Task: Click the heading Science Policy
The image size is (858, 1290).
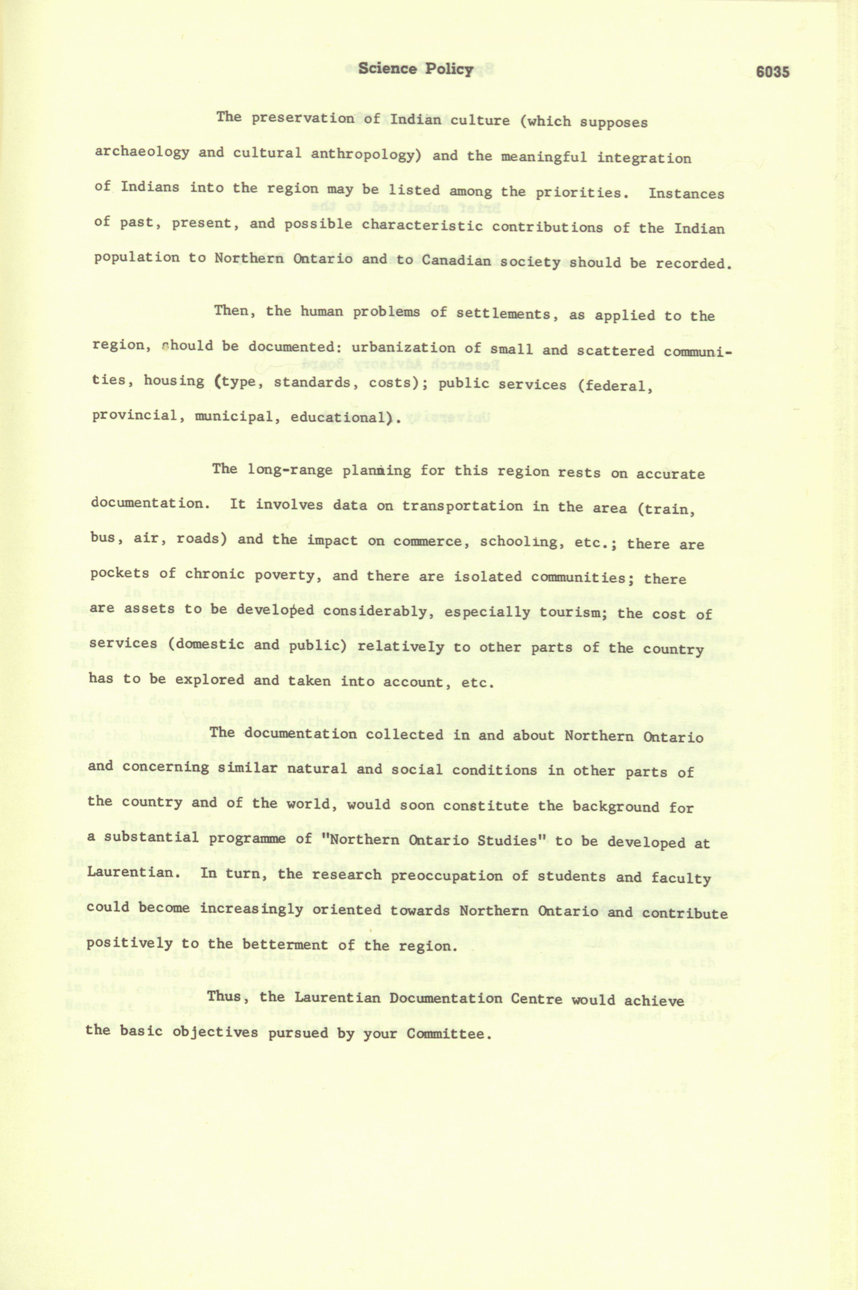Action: point(415,69)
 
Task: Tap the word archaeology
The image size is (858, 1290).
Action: point(142,152)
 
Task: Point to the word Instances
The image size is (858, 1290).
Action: point(686,194)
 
